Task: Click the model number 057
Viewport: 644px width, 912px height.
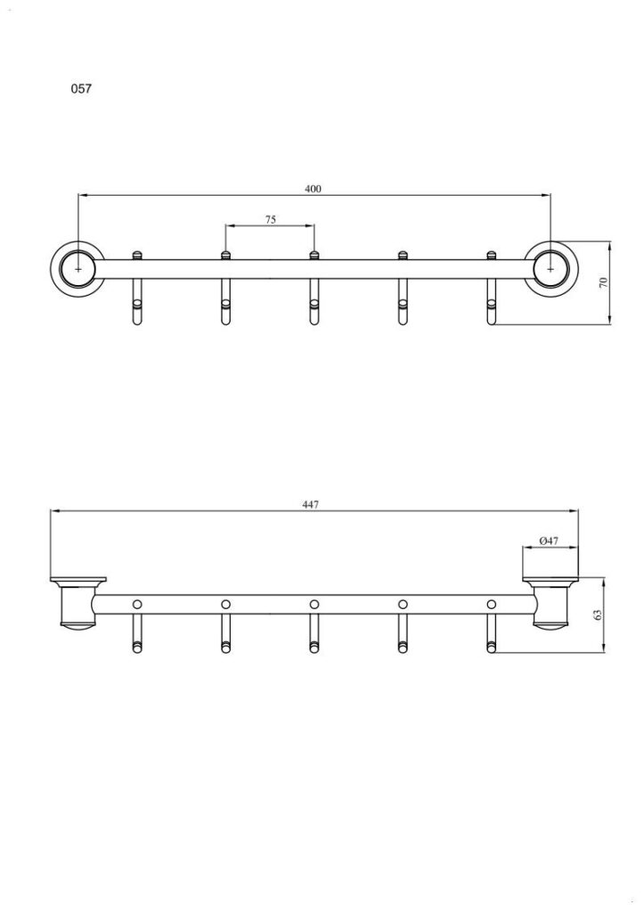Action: point(81,89)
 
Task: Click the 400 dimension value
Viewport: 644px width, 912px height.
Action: point(313,189)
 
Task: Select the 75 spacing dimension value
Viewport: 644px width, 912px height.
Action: point(271,219)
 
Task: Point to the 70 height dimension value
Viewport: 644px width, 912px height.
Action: point(603,282)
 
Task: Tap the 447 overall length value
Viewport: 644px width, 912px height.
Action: point(311,505)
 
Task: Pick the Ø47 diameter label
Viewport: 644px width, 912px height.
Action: point(550,541)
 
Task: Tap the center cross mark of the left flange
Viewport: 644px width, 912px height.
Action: point(78,269)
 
